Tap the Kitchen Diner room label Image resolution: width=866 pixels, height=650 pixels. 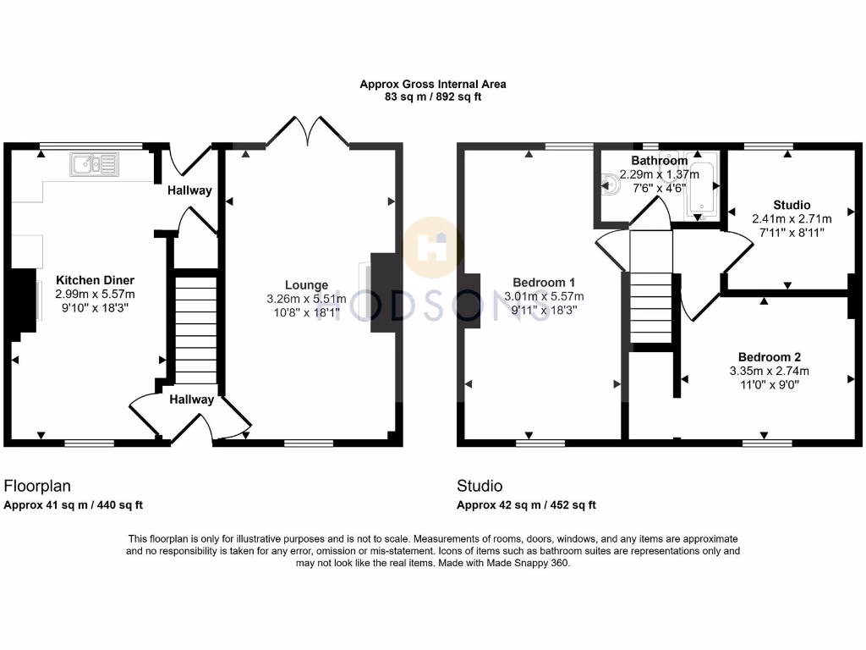(95, 280)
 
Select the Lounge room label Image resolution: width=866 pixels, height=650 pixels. (306, 285)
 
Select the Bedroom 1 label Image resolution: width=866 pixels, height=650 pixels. (544, 283)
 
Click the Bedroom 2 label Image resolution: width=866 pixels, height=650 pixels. (769, 356)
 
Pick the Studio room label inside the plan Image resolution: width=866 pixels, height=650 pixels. (792, 205)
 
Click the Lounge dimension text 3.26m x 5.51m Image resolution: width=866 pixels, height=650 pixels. (306, 299)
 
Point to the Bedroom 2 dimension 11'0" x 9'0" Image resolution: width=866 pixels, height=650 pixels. (769, 384)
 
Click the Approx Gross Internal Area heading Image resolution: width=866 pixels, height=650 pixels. (433, 84)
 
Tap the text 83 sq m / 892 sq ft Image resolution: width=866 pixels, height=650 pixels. (433, 97)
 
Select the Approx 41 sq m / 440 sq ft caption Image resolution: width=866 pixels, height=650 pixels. (74, 505)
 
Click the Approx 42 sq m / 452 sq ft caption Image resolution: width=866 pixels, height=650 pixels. (526, 505)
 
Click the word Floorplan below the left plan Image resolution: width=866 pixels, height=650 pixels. (37, 486)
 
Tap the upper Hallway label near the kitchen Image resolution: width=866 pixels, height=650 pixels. (189, 190)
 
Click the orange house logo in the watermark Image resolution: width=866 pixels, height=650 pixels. (433, 247)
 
